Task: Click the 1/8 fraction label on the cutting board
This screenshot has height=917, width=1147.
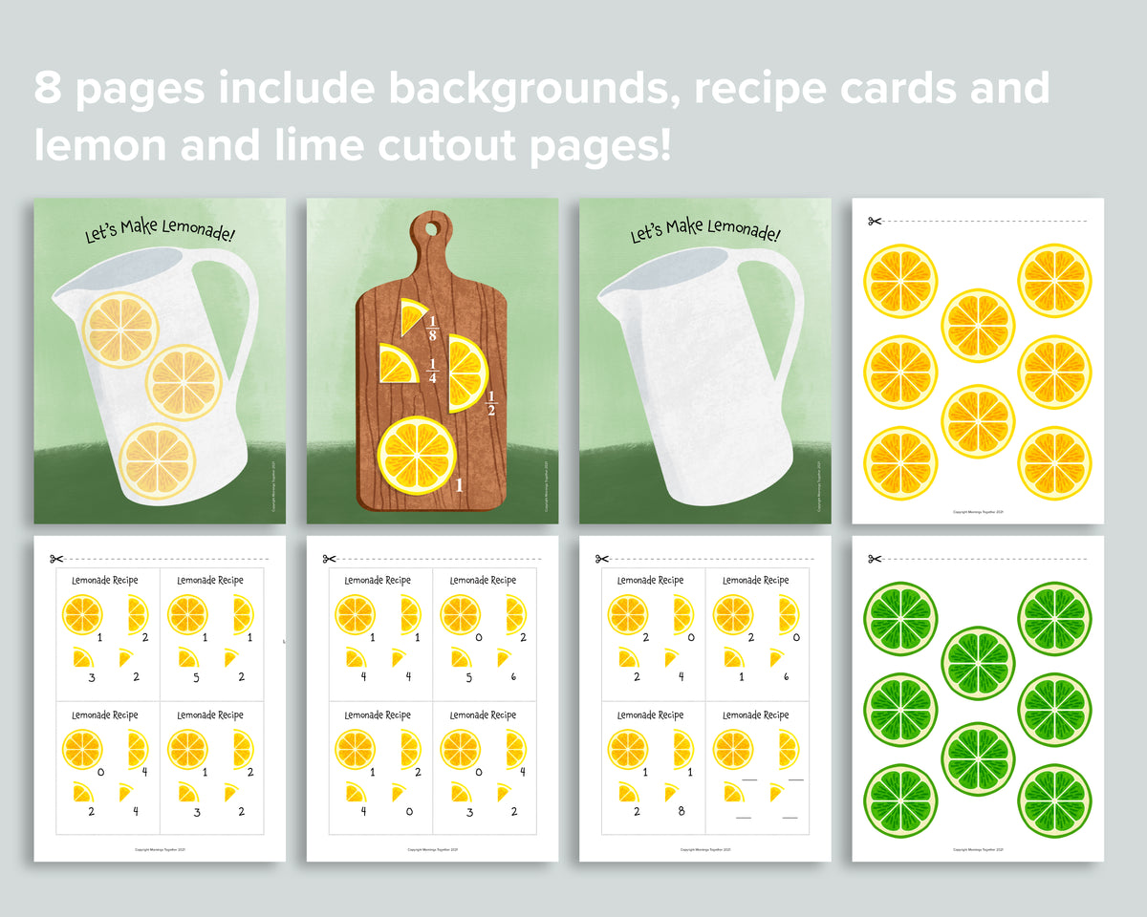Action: click(432, 328)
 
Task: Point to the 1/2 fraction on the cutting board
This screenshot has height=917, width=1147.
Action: click(491, 403)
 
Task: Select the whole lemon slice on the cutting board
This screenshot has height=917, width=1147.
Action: click(418, 455)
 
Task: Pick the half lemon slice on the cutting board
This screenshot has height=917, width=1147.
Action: click(467, 373)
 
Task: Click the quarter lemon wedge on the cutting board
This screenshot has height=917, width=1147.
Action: click(398, 364)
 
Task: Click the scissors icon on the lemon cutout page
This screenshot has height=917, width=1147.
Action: click(874, 222)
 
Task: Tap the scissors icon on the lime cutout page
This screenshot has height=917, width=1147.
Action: click(874, 559)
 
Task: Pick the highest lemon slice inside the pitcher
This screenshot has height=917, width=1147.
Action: click(121, 330)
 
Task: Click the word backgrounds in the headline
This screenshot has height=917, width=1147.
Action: click(529, 89)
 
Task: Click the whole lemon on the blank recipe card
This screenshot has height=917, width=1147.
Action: click(733, 748)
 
